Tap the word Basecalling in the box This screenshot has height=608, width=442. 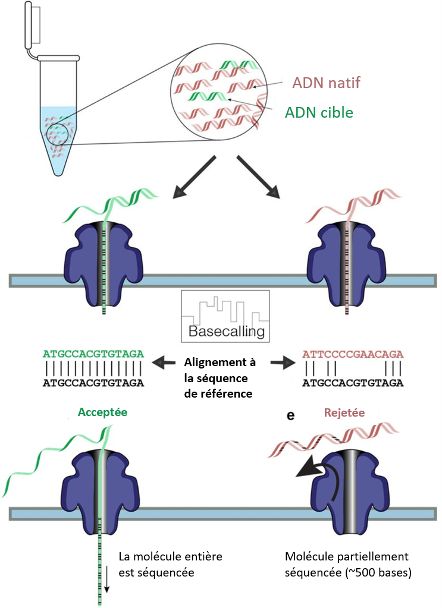pyautogui.click(x=225, y=331)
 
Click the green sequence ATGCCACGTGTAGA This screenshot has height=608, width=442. pyautogui.click(x=93, y=354)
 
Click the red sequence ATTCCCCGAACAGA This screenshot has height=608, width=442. pyautogui.click(x=353, y=354)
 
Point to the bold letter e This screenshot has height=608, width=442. pyautogui.click(x=291, y=416)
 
